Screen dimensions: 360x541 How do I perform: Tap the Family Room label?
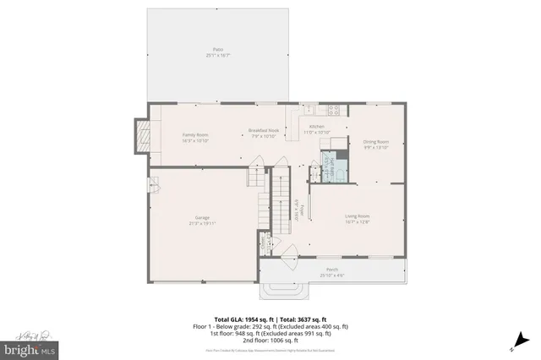tap(195, 135)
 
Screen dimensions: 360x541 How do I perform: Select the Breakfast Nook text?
tap(263, 131)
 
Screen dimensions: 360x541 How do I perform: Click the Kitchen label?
tap(315, 127)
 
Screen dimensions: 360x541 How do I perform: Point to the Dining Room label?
tap(375, 142)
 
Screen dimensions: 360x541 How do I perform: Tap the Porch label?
tap(331, 270)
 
